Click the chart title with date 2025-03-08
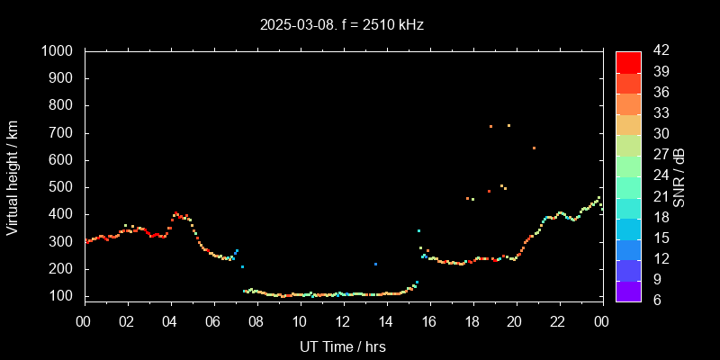click(x=341, y=25)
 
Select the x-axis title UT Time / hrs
click(x=342, y=346)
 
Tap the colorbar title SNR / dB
click(x=678, y=176)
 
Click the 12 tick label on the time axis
click(x=343, y=320)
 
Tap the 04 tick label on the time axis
click(x=171, y=320)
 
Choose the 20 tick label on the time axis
click(x=516, y=320)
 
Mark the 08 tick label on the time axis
click(x=256, y=320)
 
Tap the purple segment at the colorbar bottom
click(x=628, y=291)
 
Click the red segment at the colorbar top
click(x=628, y=61)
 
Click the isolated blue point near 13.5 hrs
click(x=375, y=264)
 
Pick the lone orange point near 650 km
click(x=534, y=148)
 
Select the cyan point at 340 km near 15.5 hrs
click(x=418, y=231)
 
